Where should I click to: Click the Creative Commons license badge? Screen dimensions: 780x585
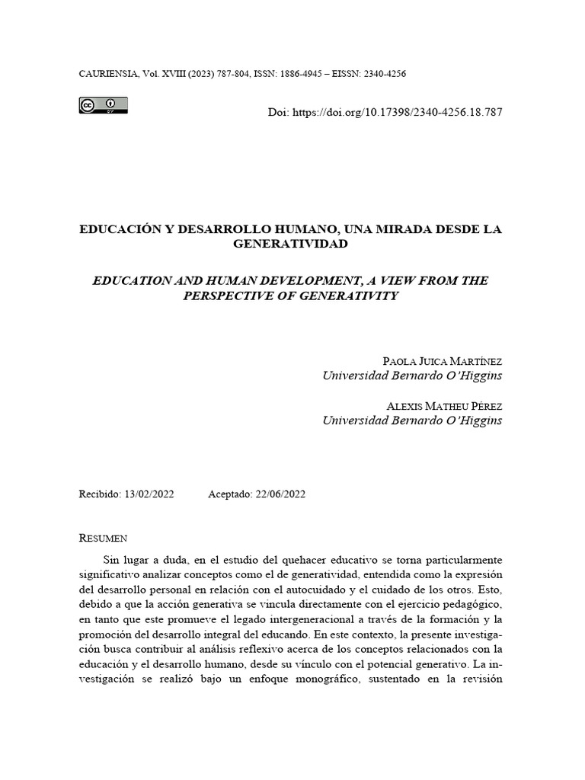(x=103, y=106)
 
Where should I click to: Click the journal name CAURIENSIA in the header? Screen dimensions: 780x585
(x=107, y=74)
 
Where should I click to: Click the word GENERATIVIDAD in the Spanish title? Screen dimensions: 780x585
(x=290, y=244)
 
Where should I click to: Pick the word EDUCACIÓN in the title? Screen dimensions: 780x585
(x=118, y=229)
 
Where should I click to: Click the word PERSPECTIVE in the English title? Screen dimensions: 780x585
(x=227, y=296)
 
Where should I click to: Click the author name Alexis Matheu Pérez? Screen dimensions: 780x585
(x=445, y=405)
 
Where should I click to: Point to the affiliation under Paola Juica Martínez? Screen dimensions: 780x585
(x=412, y=376)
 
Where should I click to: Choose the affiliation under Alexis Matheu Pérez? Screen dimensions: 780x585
(x=412, y=420)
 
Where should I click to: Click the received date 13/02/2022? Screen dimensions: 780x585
(x=149, y=494)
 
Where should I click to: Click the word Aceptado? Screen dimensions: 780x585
(x=229, y=494)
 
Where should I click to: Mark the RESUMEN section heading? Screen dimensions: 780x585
(x=103, y=538)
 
